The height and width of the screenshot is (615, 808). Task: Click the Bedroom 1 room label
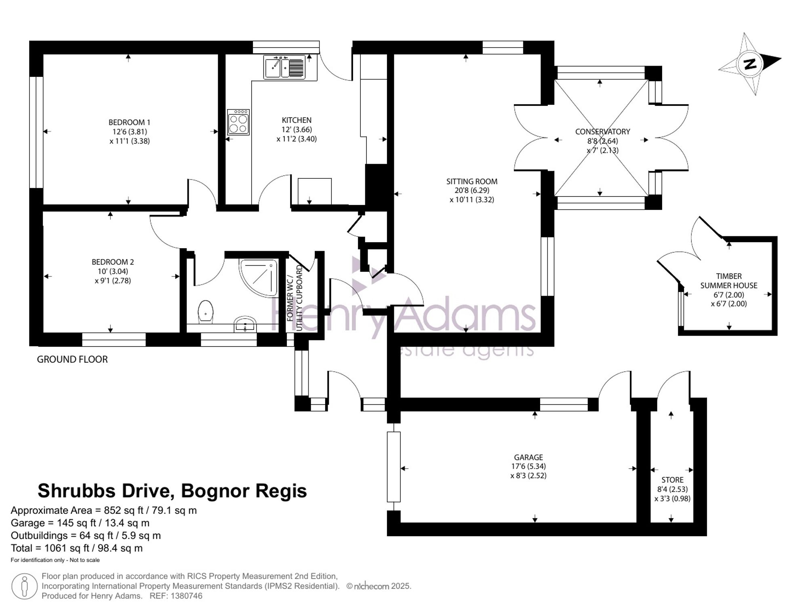pyautogui.click(x=129, y=122)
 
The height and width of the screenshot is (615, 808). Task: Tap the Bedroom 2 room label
pyautogui.click(x=113, y=262)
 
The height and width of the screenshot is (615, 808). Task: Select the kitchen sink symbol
pyautogui.click(x=284, y=67)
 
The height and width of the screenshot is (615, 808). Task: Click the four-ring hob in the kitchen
pyautogui.click(x=238, y=122)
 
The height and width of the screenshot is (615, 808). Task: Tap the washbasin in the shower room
pyautogui.click(x=245, y=324)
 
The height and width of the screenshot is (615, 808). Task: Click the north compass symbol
pyautogui.click(x=750, y=64)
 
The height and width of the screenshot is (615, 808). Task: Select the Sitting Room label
pyautogui.click(x=472, y=182)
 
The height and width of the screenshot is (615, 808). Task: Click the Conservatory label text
pyautogui.click(x=602, y=131)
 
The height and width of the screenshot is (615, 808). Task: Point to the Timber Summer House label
pyautogui.click(x=729, y=281)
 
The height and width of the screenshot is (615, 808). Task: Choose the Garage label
pyautogui.click(x=528, y=457)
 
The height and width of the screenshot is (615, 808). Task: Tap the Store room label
pyautogui.click(x=673, y=480)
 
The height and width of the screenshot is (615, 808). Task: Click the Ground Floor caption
pyautogui.click(x=72, y=359)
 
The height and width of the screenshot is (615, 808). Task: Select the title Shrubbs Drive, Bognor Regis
pyautogui.click(x=172, y=491)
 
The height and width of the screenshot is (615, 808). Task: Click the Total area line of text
pyautogui.click(x=77, y=548)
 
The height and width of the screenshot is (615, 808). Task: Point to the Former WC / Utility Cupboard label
pyautogui.click(x=295, y=298)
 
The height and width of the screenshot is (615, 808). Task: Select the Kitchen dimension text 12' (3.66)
pyautogui.click(x=297, y=130)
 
